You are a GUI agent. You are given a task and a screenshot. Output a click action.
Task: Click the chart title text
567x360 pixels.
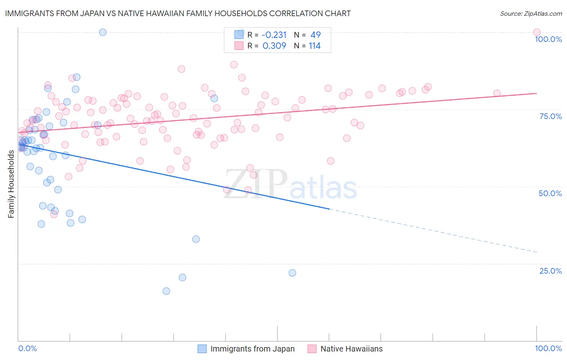178,13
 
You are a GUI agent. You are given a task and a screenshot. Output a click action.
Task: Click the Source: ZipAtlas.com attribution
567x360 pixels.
531,13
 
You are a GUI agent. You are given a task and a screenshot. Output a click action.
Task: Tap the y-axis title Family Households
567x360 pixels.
11,184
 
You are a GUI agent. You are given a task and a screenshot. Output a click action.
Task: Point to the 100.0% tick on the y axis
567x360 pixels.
548,39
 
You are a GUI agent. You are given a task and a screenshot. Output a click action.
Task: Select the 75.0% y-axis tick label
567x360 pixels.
550,116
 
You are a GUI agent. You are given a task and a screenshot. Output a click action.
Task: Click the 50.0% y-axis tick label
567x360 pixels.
550,193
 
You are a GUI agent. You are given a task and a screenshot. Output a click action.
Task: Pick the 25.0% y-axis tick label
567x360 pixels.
550,271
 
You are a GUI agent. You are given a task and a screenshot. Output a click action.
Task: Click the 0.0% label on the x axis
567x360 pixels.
27,348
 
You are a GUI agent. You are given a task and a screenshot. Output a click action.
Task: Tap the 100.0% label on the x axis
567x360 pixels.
548,348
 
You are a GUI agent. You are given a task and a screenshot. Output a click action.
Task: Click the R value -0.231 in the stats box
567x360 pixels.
274,35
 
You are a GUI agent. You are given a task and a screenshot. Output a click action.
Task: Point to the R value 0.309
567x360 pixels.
274,46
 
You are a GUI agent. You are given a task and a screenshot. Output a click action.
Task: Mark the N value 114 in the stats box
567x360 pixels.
315,46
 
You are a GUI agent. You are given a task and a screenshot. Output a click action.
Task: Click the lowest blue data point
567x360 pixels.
166,291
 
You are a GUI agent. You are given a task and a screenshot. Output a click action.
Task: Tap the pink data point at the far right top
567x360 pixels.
536,32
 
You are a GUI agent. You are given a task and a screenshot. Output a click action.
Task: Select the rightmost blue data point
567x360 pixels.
292,273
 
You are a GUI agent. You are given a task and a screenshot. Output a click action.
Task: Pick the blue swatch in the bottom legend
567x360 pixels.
202,349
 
